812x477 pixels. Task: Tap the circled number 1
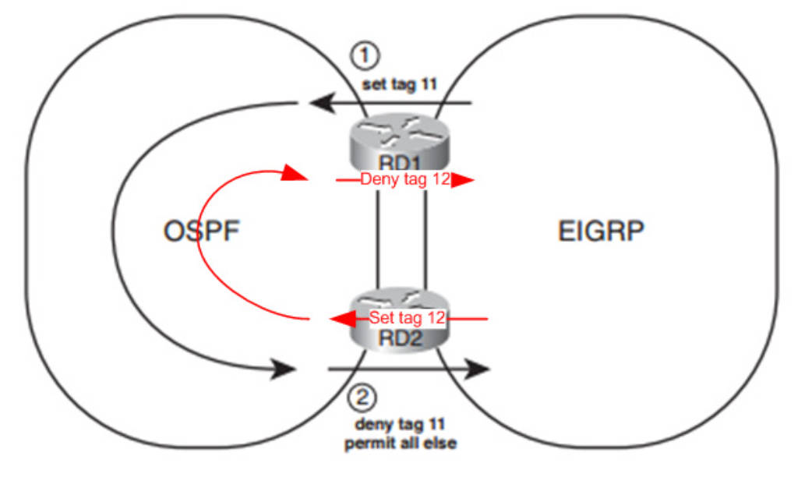point(364,55)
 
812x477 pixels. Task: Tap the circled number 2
point(361,398)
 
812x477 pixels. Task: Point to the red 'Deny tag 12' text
point(404,180)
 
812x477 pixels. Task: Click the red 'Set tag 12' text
point(406,318)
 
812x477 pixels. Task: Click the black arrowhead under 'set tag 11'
point(317,102)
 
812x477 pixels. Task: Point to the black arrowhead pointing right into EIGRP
point(476,368)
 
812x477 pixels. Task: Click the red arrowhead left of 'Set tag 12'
point(337,318)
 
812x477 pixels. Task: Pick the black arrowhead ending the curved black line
point(284,368)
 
